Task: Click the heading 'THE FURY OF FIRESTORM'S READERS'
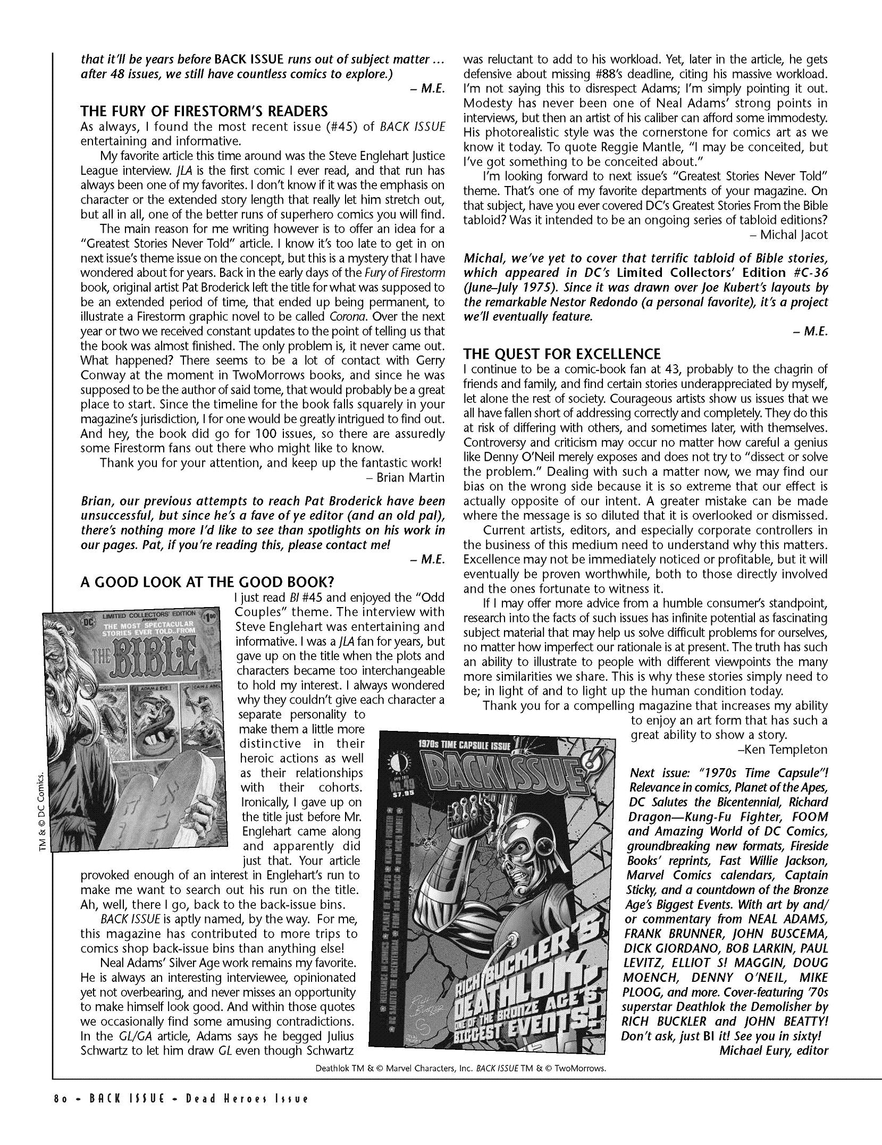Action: pyautogui.click(x=204, y=112)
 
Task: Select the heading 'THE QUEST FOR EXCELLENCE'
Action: pyautogui.click(x=562, y=354)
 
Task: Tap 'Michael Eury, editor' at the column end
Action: pyautogui.click(x=774, y=1050)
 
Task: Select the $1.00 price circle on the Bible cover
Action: pyautogui.click(x=213, y=618)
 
